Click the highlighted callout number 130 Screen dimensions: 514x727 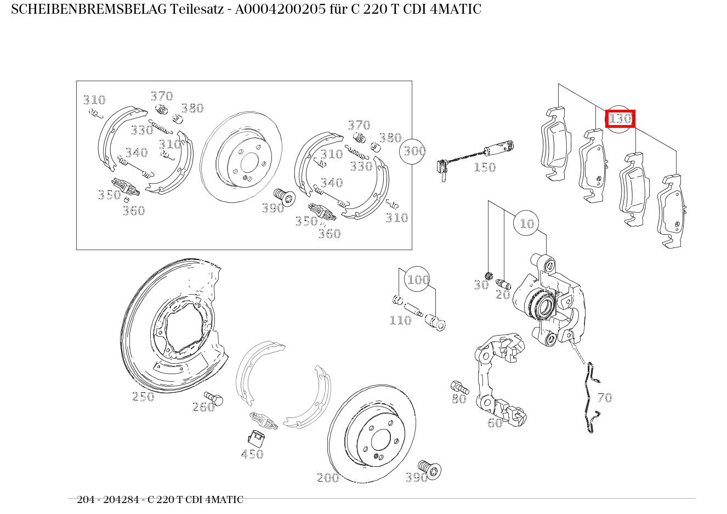[x=620, y=118]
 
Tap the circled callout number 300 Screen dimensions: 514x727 [x=414, y=150]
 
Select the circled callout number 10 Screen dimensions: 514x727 [x=526, y=223]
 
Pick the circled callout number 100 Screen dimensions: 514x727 [x=418, y=280]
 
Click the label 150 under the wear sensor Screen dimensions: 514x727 [x=484, y=167]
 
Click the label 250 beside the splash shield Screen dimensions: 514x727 [x=143, y=397]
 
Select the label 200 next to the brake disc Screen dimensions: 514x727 [x=328, y=478]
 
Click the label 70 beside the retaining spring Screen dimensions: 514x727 [x=604, y=398]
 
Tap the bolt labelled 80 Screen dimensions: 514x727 [x=458, y=387]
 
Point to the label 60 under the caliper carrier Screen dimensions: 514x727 [x=495, y=423]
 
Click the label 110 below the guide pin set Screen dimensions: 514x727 [x=400, y=320]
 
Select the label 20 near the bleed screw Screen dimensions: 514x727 [x=503, y=295]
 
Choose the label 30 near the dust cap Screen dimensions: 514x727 [x=481, y=285]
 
